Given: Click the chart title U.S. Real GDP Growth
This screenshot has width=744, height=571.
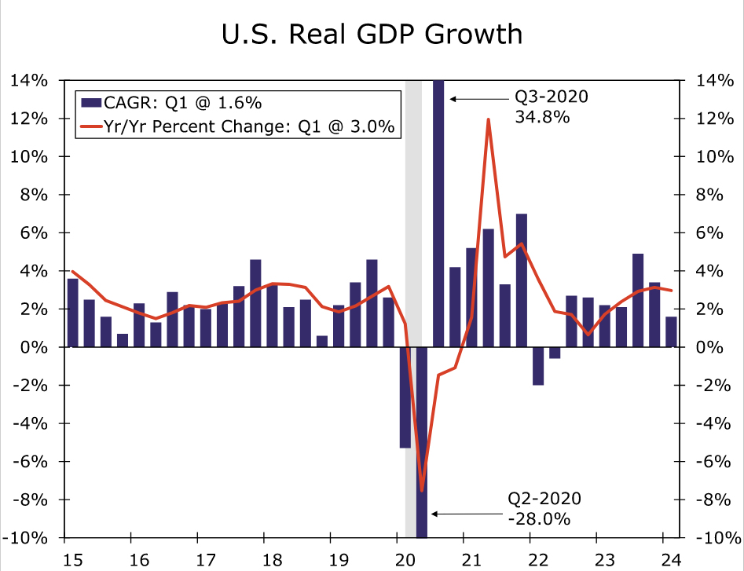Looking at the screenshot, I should click(x=371, y=35).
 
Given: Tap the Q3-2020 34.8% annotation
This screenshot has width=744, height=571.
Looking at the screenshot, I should click(x=541, y=108).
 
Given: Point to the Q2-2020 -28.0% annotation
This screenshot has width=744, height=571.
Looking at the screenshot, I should click(x=544, y=509).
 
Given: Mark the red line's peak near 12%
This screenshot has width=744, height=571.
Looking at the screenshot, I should click(x=488, y=119).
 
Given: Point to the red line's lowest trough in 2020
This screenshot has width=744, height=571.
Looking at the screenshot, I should click(x=422, y=491).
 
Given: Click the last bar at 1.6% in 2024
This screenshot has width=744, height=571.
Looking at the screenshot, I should click(x=671, y=331).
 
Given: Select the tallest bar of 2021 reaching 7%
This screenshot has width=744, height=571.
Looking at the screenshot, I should click(x=521, y=280).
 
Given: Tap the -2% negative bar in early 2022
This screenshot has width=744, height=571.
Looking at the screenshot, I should click(x=538, y=366).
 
